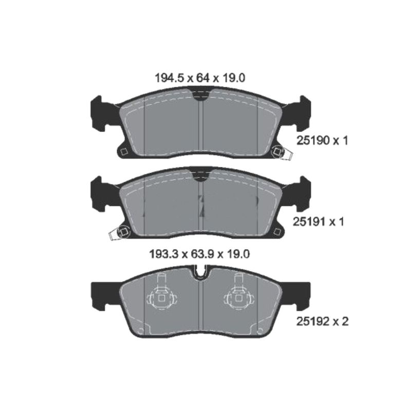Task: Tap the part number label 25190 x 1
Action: (323, 140)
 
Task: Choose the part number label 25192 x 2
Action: (323, 322)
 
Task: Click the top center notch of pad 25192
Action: (200, 271)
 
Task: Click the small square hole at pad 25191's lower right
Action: (278, 232)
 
